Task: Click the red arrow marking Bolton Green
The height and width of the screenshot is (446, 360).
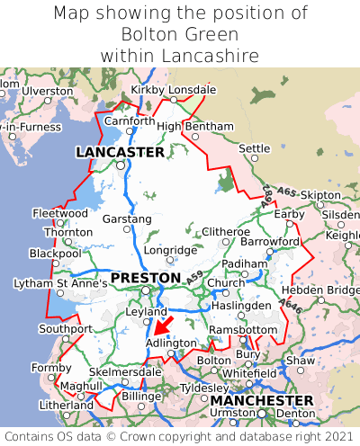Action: [164, 324]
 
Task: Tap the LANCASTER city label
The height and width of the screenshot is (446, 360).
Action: [119, 152]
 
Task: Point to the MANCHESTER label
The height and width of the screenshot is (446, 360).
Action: [262, 399]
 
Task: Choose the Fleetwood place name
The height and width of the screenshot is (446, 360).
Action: [59, 213]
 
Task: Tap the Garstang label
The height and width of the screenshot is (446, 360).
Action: [127, 219]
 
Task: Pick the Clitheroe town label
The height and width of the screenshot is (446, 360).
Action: [226, 231]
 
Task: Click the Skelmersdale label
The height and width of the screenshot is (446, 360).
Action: [124, 371]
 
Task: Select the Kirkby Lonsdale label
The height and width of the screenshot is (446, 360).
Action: [174, 90]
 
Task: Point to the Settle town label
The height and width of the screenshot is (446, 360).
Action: [255, 147]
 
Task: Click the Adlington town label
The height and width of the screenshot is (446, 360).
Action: [170, 343]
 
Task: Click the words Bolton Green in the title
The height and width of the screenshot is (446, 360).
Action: [179, 34]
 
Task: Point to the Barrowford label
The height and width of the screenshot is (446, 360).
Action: [270, 241]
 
